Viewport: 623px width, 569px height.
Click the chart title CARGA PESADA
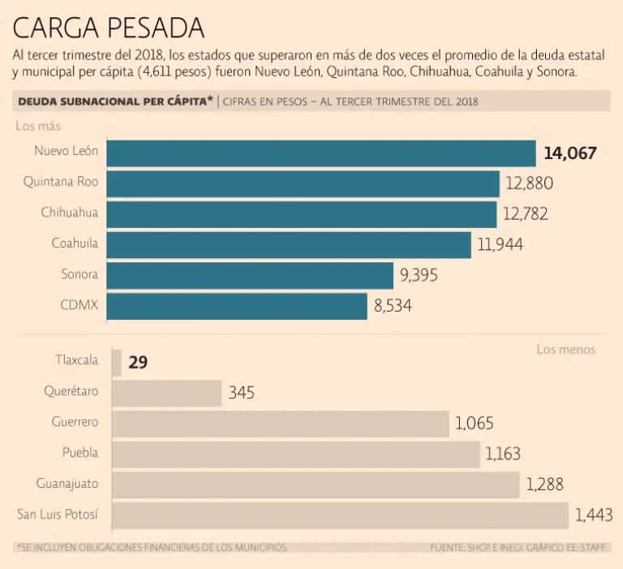coord(108,28)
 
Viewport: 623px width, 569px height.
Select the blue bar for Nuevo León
coord(321,153)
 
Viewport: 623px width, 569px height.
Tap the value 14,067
coord(570,153)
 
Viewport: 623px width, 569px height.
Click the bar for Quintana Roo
coord(303,183)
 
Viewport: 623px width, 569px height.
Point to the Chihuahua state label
coord(70,213)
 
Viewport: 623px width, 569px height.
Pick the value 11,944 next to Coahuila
coord(501,244)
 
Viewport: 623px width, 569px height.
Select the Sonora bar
coord(250,275)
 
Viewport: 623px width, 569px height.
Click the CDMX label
coord(79,305)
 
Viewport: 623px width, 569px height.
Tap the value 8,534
coord(399,307)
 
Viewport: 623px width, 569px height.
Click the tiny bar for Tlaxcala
coord(117,362)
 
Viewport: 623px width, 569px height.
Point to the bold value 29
coord(138,362)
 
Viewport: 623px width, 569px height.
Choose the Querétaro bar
coord(166,393)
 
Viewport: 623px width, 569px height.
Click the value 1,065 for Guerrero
coord(474,423)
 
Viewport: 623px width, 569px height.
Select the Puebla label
coord(80,453)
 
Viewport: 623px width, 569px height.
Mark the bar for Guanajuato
coord(315,485)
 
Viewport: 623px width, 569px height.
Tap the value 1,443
coord(593,515)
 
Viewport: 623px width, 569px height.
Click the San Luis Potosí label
coord(58,514)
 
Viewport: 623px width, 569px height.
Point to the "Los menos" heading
coord(565,349)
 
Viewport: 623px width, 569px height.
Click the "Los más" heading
coord(38,126)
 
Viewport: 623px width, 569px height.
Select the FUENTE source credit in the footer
coord(519,548)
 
